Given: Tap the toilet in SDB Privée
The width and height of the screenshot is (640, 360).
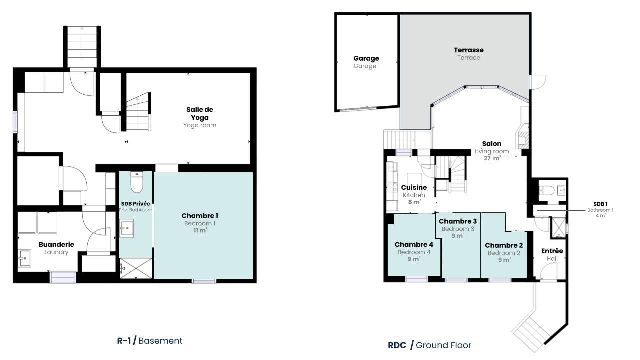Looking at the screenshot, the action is [x=137, y=182].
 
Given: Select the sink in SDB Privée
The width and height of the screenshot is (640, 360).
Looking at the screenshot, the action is [x=126, y=228].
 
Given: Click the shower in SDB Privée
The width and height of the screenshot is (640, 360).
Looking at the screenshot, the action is [x=136, y=268].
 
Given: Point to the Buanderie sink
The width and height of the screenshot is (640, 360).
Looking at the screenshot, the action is [x=25, y=258].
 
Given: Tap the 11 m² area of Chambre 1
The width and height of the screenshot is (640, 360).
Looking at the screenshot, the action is [x=200, y=230].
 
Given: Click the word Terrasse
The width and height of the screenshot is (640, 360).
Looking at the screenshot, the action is [x=469, y=50].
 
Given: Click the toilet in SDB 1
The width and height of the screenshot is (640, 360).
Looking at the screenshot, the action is [x=546, y=190].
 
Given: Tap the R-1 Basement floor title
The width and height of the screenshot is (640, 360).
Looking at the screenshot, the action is [x=149, y=341].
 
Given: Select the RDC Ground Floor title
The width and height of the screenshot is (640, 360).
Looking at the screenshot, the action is [x=429, y=345].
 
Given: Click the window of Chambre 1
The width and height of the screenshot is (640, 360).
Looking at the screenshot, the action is [x=204, y=281].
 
